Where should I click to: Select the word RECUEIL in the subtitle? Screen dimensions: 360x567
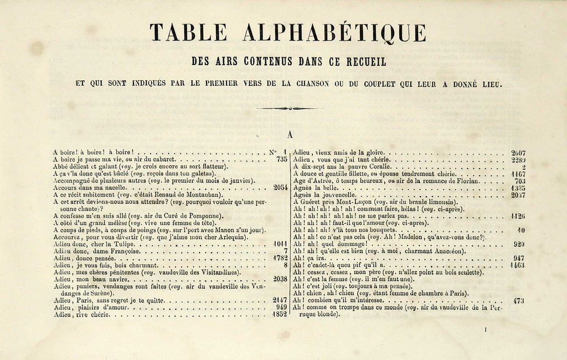click(365, 62)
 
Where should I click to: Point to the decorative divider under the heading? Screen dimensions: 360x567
click(286, 108)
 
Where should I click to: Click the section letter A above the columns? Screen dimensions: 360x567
click(290, 135)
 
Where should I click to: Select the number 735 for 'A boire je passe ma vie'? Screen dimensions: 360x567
click(281, 159)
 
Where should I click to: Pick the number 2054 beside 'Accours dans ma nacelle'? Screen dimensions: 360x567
click(280, 188)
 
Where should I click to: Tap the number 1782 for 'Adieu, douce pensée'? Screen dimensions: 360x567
click(280, 258)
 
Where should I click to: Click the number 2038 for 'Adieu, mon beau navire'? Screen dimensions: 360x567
click(280, 280)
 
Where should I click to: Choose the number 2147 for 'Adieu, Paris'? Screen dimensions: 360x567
click(280, 300)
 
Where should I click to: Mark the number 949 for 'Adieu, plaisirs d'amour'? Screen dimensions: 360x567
click(281, 307)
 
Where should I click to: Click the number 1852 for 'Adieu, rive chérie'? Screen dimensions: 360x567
click(280, 315)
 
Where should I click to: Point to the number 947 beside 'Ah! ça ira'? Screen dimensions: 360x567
click(519, 258)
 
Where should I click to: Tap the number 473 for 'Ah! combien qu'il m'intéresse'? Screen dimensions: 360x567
click(519, 301)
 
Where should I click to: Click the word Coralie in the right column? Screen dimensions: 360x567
click(377, 166)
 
